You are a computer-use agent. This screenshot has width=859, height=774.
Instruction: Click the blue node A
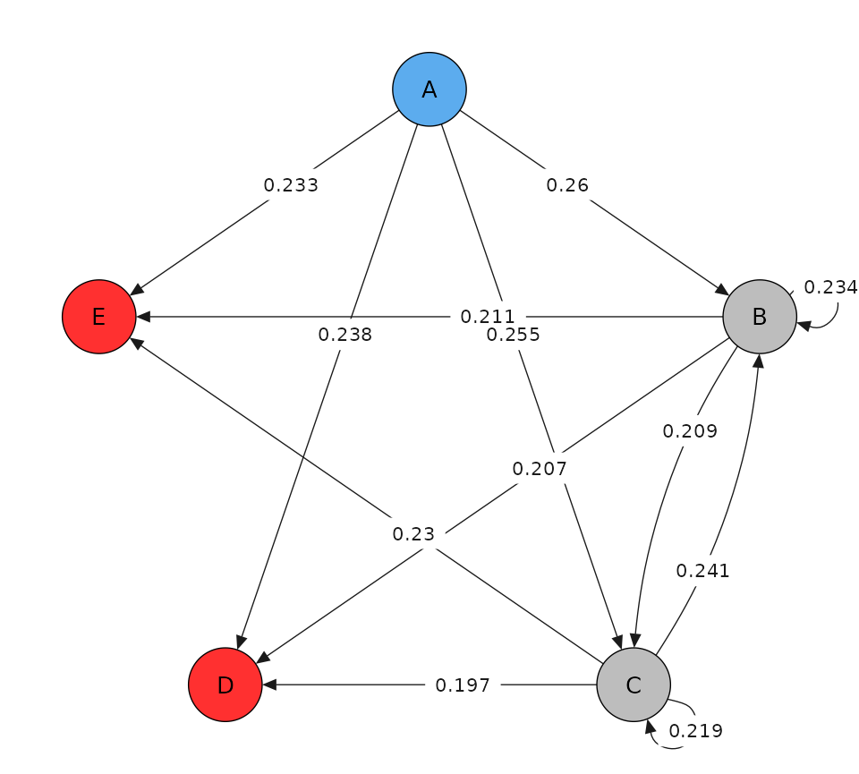pyautogui.click(x=429, y=89)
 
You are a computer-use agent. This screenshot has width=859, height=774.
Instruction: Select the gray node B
pyautogui.click(x=760, y=317)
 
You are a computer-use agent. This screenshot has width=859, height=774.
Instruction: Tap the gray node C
pyautogui.click(x=634, y=685)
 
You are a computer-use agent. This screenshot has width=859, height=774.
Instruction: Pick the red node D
pyautogui.click(x=225, y=685)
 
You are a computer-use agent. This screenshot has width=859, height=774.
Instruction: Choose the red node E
pyautogui.click(x=99, y=317)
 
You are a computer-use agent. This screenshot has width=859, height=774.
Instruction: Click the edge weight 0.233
pyautogui.click(x=291, y=185)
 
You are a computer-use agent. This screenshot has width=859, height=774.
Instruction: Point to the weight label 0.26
pyautogui.click(x=567, y=185)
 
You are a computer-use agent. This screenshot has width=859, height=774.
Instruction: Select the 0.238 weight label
pyautogui.click(x=344, y=335)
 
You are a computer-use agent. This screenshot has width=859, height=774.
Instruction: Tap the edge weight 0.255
pyautogui.click(x=513, y=335)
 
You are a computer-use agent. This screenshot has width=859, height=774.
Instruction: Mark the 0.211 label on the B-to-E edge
pyautogui.click(x=488, y=317)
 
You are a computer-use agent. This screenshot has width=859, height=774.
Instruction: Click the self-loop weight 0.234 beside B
pyautogui.click(x=830, y=287)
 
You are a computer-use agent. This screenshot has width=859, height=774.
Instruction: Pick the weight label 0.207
pyautogui.click(x=540, y=468)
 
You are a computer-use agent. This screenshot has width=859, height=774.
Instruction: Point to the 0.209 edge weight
pyautogui.click(x=690, y=431)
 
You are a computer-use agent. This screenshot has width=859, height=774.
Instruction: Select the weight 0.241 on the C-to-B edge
pyautogui.click(x=702, y=571)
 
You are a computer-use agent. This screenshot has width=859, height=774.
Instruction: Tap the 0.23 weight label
pyautogui.click(x=413, y=534)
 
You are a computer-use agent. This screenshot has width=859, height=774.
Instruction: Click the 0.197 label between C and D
pyautogui.click(x=463, y=685)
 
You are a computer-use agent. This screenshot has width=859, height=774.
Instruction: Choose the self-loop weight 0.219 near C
pyautogui.click(x=695, y=730)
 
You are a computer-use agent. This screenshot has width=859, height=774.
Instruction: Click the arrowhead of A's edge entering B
pyautogui.click(x=723, y=291)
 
